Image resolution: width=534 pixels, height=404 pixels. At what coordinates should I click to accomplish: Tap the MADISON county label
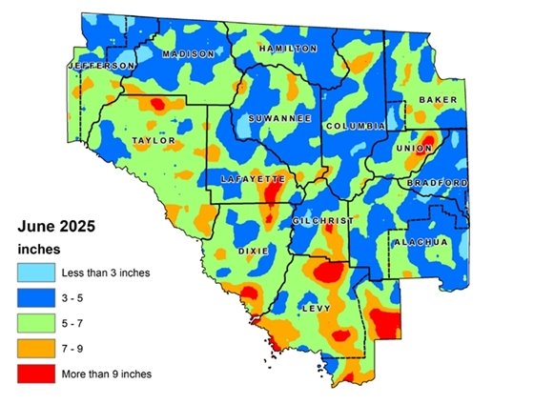click(188, 54)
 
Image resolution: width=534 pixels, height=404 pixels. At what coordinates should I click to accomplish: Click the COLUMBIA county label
click(355, 126)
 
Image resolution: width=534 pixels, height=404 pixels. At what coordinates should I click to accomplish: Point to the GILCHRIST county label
click(322, 220)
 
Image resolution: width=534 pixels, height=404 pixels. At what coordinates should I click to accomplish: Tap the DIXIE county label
click(253, 251)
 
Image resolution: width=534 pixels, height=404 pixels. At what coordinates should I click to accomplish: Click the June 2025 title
click(57, 227)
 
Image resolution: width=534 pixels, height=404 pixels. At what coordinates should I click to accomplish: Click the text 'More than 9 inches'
click(106, 374)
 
